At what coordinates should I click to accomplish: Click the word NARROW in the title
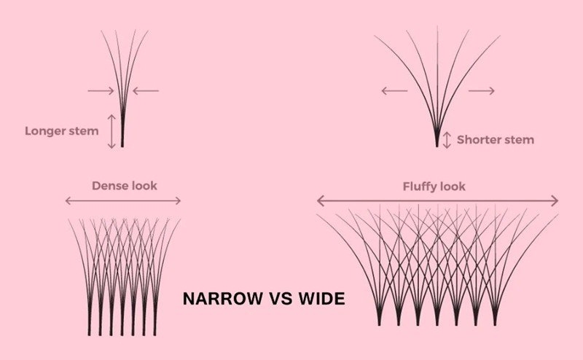tap(223, 299)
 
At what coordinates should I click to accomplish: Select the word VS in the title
tap(281, 299)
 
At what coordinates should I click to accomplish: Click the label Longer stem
tap(62, 131)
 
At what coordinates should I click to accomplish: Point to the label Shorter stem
tap(496, 140)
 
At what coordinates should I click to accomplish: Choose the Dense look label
tap(125, 186)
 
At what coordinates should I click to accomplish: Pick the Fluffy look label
tap(434, 187)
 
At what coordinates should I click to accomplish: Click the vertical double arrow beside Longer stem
tap(111, 132)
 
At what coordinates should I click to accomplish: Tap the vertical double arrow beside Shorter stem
tap(447, 140)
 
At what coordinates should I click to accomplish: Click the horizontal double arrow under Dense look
tap(123, 201)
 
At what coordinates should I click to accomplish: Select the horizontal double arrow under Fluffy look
tap(438, 201)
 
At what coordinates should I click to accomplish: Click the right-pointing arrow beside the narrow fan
tap(101, 91)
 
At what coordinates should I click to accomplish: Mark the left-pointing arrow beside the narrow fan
tap(146, 91)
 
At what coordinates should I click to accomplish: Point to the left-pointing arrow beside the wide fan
tap(394, 91)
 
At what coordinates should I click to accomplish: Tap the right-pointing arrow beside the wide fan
tap(482, 91)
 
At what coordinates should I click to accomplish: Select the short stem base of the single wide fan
tap(437, 139)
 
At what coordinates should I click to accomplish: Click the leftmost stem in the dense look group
tap(89, 316)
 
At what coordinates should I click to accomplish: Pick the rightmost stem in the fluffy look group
tap(495, 316)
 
